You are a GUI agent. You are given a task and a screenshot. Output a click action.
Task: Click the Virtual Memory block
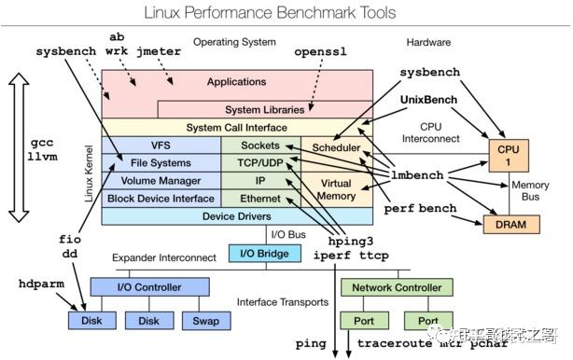tap(335, 190)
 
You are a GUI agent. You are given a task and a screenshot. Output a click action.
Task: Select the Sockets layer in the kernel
tap(260, 145)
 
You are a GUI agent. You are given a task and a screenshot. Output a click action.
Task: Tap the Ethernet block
tap(260, 199)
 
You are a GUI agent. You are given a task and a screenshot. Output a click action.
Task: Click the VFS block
tap(160, 145)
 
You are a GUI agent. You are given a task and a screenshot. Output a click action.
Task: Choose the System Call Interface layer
tap(236, 127)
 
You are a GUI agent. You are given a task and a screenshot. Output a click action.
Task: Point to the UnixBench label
tap(432, 99)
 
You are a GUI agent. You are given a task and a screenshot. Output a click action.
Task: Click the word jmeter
tap(156, 51)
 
